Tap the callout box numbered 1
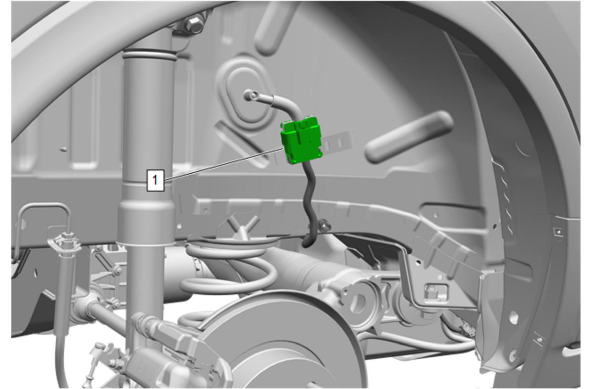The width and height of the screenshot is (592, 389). pos(155,180)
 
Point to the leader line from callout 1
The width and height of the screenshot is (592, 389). pos(224,164)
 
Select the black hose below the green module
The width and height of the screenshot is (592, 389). pos(310,203)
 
